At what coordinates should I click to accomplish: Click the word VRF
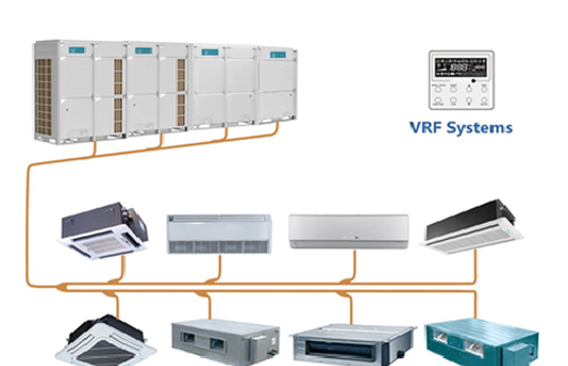tap(429, 127)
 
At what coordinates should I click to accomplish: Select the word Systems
tap(481, 127)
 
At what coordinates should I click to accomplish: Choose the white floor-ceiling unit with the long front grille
tap(218, 234)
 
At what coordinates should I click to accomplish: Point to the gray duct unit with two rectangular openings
tap(225, 339)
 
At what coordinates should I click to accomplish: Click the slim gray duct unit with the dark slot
tap(353, 341)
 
